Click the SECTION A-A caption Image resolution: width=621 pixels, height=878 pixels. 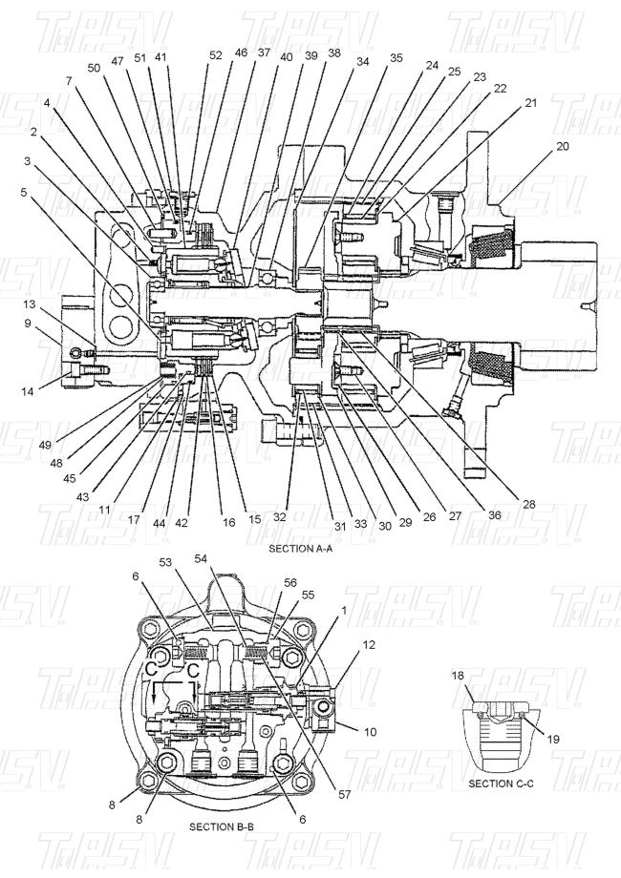tap(300, 549)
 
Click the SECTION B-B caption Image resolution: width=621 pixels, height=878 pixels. tap(222, 826)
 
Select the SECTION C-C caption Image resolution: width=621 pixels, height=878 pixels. tap(501, 784)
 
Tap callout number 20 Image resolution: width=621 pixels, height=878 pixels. tap(563, 146)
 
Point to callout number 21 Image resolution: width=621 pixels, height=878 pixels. tap(531, 103)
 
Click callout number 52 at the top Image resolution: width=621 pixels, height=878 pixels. tap(216, 55)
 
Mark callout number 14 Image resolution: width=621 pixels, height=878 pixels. tap(28, 391)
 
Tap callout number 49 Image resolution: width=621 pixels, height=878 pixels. tap(46, 445)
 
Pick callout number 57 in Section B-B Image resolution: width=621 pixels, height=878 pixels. tap(345, 794)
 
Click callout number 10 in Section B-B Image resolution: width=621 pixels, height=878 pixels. tap(371, 732)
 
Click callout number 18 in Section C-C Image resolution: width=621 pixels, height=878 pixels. tap(458, 676)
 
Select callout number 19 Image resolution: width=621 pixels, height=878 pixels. tap(553, 739)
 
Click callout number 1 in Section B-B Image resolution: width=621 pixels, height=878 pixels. tap(344, 611)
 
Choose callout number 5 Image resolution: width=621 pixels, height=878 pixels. tap(23, 192)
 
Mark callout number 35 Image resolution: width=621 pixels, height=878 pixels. tap(396, 57)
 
